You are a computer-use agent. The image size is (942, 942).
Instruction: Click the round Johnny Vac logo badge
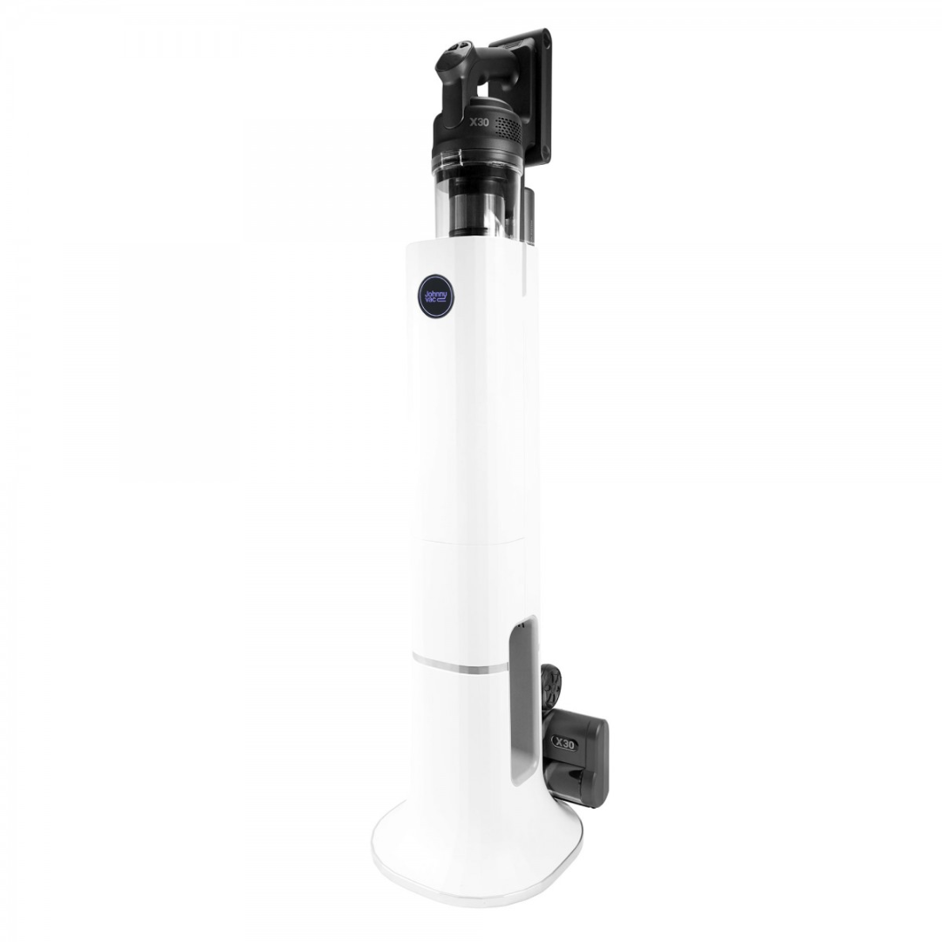(435, 297)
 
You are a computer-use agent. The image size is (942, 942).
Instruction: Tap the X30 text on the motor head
(479, 123)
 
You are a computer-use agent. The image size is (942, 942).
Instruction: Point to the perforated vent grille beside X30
(507, 125)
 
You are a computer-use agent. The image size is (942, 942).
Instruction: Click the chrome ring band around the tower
(460, 666)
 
